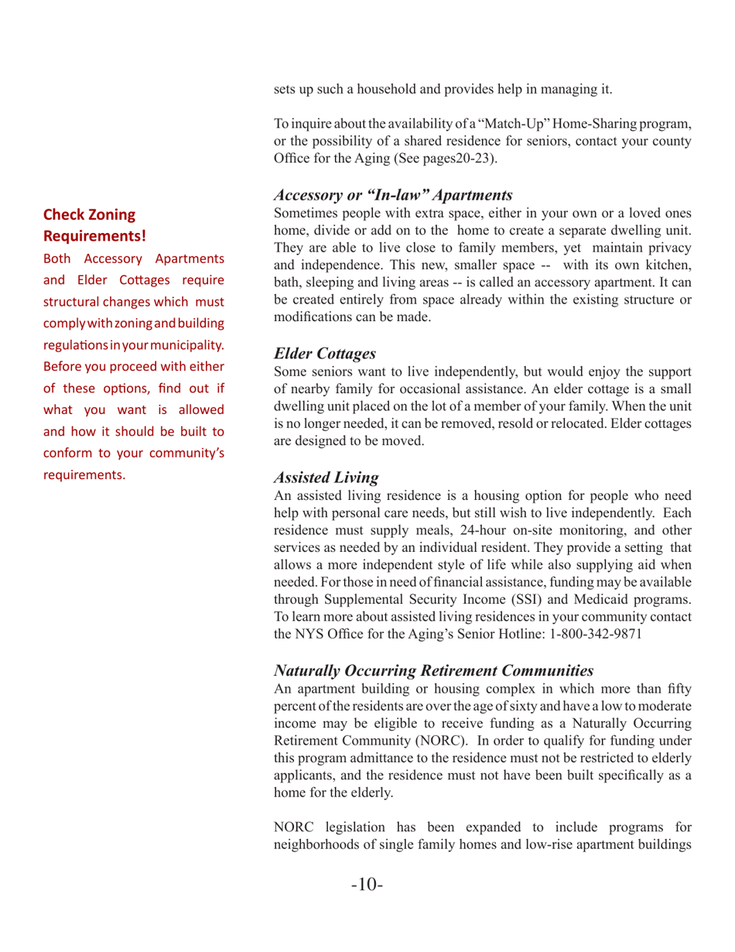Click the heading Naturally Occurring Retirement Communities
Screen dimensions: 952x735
434,672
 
